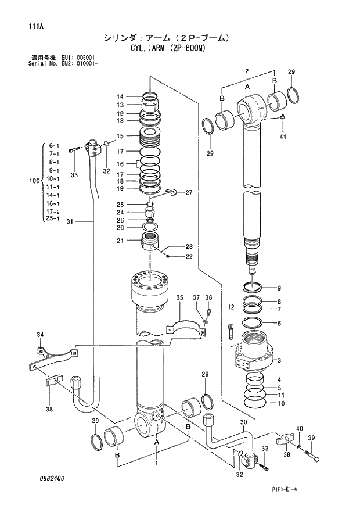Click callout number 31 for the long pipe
[x=70, y=221]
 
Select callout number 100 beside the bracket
[x=34, y=182]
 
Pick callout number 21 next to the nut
[x=119, y=241]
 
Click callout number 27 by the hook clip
[x=188, y=192]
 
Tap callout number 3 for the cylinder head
[x=279, y=360]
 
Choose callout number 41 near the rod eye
[x=283, y=137]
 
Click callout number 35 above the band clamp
[x=180, y=298]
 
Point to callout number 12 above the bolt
[x=231, y=307]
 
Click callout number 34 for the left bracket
[x=39, y=335]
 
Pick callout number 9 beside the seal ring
[x=279, y=288]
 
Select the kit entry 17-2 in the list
[x=53, y=212]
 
